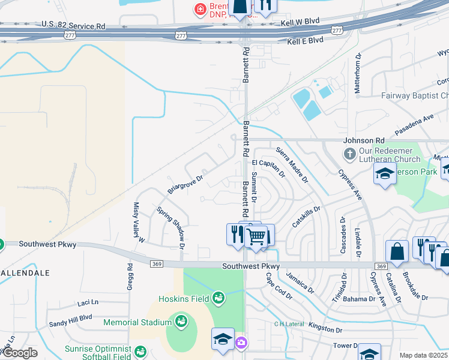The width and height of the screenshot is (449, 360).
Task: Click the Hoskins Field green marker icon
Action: click(x=217, y=298)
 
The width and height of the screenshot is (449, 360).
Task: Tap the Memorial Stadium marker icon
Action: click(x=181, y=322)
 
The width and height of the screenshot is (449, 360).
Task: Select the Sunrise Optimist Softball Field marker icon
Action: click(x=140, y=351)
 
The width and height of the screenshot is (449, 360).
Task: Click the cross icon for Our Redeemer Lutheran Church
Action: click(x=350, y=155)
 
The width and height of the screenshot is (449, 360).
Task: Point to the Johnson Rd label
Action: click(x=363, y=140)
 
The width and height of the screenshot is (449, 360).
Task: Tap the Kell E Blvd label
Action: click(x=305, y=41)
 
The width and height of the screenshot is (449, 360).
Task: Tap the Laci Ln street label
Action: click(x=88, y=303)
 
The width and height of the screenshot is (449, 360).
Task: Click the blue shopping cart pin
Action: click(x=256, y=235)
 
